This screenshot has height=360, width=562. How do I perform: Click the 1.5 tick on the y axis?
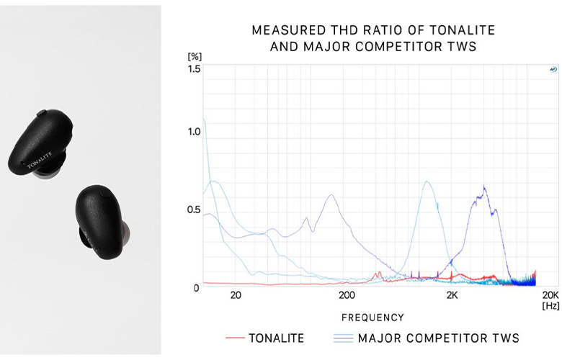point(194,69)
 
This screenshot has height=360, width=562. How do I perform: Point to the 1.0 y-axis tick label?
point(194,132)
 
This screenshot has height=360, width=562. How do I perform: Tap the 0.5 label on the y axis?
point(194,210)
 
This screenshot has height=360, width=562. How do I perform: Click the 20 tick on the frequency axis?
point(236,295)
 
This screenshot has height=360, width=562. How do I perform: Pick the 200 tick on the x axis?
point(347,295)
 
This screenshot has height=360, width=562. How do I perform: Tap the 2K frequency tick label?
point(452,295)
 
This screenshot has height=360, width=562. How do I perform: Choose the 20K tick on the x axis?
point(550,295)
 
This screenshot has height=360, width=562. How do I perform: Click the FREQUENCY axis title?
point(373,318)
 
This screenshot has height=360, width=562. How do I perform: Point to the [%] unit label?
point(194,56)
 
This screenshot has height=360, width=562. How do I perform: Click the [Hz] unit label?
point(550,306)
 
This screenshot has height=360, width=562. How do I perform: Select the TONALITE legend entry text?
point(277,338)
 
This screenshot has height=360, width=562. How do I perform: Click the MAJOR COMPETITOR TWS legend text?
point(438,338)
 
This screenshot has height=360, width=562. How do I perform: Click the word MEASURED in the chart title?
point(282,31)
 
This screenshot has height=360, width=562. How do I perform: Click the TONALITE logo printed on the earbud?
point(40,161)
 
